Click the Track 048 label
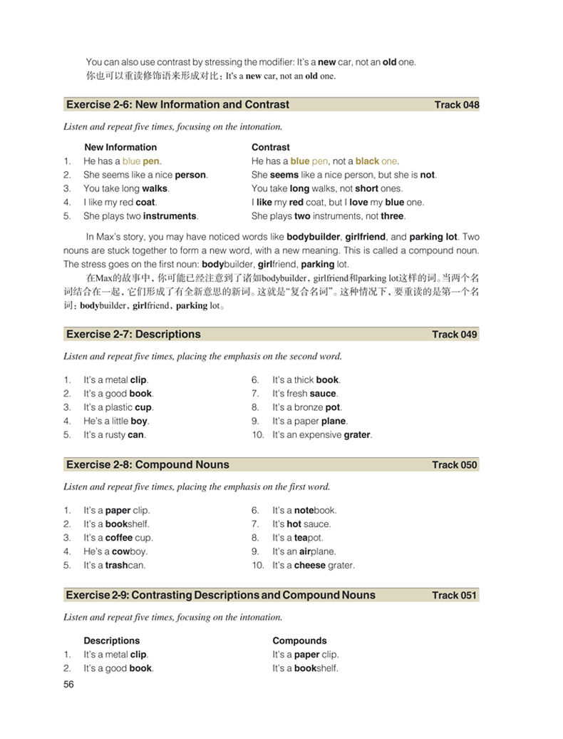(456, 105)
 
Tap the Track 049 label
(455, 335)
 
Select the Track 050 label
(455, 465)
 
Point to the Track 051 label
(455, 596)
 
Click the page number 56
(69, 684)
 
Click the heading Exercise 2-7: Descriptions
(133, 334)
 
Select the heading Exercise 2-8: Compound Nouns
(148, 464)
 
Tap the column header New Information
(120, 148)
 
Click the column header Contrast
(271, 148)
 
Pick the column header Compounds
(299, 641)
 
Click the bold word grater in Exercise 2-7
(357, 434)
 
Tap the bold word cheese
(310, 565)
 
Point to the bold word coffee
(119, 538)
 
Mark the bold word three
(392, 216)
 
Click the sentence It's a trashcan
(113, 565)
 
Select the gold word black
(367, 161)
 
